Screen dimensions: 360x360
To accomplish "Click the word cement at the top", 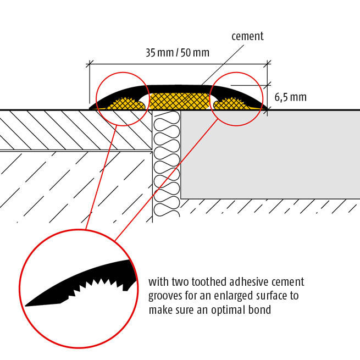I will click(x=247, y=36).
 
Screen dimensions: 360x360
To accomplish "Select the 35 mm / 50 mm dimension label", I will click(x=178, y=53).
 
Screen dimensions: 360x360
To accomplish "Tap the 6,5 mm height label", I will click(x=290, y=98).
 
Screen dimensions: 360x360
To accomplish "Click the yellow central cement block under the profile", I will click(x=179, y=101).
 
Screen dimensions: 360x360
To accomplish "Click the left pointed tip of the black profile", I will click(x=91, y=107).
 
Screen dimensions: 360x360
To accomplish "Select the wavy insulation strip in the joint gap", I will click(x=167, y=165).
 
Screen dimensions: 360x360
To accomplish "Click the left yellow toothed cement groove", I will click(x=128, y=103).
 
